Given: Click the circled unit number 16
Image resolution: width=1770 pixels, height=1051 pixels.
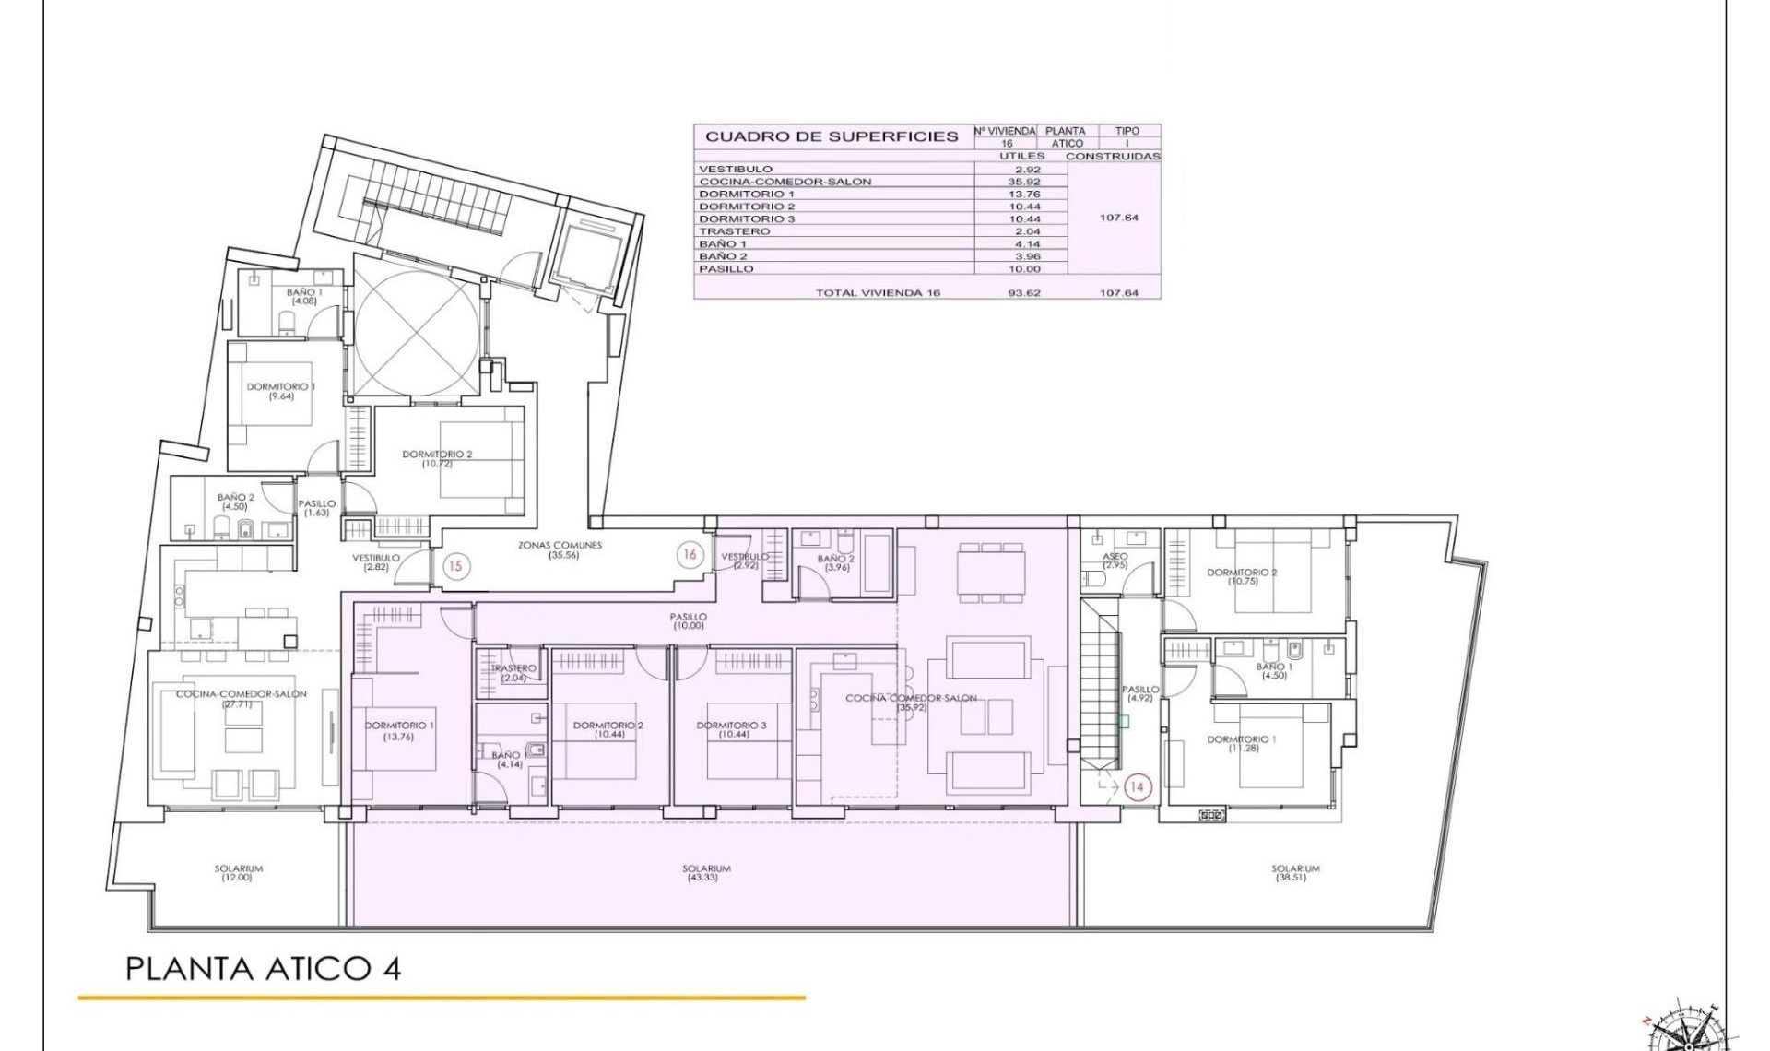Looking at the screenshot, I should (x=690, y=554).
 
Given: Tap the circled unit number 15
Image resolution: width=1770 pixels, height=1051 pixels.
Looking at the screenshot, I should (x=455, y=565).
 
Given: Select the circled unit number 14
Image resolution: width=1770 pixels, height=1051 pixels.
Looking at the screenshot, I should (x=1137, y=786).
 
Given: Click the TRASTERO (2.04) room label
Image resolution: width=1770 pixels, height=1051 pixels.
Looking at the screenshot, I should (x=513, y=673).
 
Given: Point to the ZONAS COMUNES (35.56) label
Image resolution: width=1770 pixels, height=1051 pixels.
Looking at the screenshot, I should (x=560, y=550).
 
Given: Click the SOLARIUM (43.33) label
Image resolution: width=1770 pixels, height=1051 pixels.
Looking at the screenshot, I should (x=706, y=872).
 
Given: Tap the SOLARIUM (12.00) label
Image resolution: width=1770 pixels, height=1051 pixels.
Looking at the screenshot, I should (x=238, y=872).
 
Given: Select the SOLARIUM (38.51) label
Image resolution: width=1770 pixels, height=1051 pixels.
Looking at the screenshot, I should (x=1295, y=872).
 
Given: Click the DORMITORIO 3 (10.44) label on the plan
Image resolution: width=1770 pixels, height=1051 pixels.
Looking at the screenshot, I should (x=732, y=730).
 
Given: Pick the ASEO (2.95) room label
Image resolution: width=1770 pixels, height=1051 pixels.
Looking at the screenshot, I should (x=1115, y=561).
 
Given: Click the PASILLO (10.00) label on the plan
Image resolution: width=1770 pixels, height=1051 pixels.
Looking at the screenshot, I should (x=689, y=620).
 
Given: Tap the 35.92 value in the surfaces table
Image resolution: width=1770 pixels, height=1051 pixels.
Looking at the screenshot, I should (x=1023, y=182).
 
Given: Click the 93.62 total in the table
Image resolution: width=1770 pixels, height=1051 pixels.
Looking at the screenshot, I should (x=1023, y=292).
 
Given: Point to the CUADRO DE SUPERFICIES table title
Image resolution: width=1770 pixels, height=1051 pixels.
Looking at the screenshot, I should (x=832, y=136).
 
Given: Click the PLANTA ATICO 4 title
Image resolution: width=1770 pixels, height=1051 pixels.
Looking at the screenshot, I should (x=263, y=969).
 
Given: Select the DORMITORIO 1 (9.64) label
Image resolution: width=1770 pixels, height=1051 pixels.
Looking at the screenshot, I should (x=280, y=391).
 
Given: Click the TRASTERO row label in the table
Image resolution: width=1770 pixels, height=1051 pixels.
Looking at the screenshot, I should (x=734, y=231).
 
